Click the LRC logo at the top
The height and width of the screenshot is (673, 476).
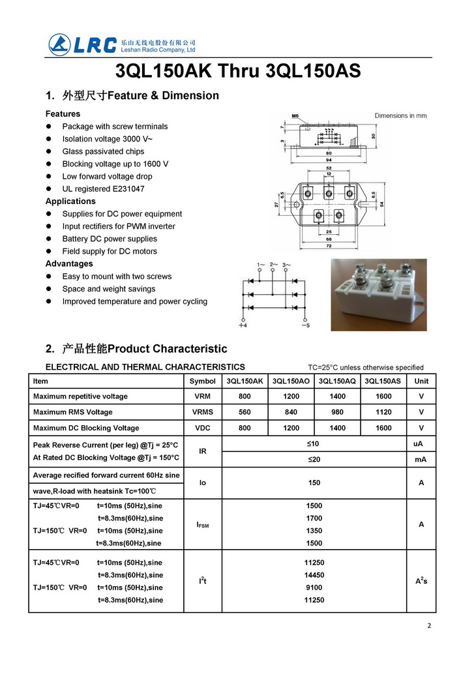tap(83, 45)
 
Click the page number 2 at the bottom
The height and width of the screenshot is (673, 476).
tap(429, 626)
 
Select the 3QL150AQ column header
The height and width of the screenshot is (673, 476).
tap(337, 381)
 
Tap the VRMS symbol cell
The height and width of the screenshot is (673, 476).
tap(203, 412)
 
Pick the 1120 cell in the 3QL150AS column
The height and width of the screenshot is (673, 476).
tap(383, 412)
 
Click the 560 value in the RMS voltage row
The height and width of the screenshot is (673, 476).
tap(245, 412)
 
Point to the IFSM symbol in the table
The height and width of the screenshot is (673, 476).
tap(203, 524)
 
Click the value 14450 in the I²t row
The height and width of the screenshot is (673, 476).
tap(314, 575)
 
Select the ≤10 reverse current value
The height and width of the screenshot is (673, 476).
tap(314, 443)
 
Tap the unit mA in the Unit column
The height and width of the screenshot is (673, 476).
tap(421, 459)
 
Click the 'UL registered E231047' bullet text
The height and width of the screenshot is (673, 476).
tap(103, 188)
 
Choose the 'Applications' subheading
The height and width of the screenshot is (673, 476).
tap(70, 201)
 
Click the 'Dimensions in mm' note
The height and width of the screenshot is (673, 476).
tap(400, 115)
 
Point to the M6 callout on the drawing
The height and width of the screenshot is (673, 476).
tap(295, 116)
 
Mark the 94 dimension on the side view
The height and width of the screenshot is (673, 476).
tap(329, 160)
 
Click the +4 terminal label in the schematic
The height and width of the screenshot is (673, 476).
tap(243, 325)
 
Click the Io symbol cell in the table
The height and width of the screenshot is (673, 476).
tap(203, 483)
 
